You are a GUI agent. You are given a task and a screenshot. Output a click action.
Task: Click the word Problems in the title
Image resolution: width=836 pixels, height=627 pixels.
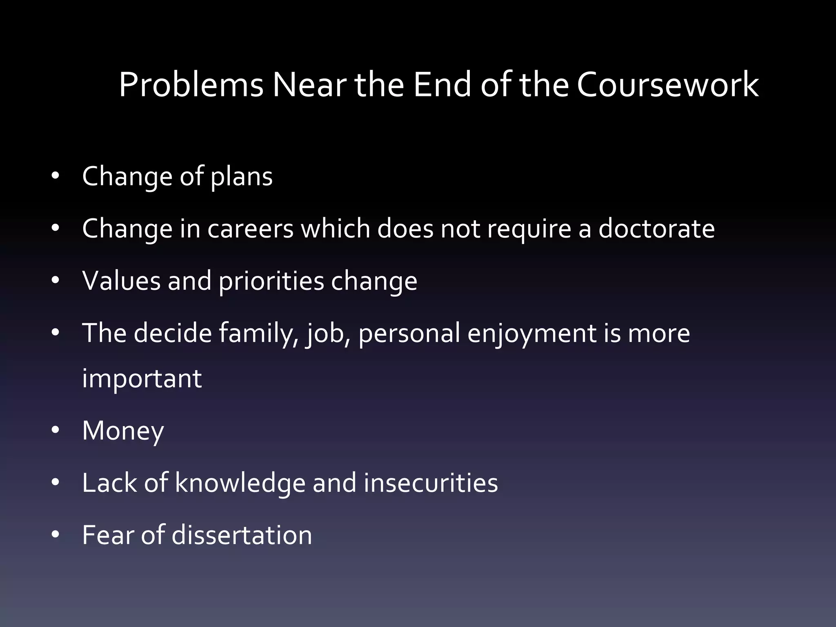[191, 85]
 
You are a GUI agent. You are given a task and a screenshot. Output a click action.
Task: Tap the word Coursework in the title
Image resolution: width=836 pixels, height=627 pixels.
[668, 85]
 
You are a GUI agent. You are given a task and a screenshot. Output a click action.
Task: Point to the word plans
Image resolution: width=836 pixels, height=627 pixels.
[241, 178]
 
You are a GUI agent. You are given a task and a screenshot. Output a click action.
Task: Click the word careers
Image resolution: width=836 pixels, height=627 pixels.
[250, 229]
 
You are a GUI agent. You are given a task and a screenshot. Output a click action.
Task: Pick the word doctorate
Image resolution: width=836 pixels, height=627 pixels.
[656, 229]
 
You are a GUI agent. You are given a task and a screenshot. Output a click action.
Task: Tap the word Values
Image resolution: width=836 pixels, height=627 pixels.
[121, 281]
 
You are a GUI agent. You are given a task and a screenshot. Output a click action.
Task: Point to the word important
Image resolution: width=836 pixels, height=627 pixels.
[142, 379]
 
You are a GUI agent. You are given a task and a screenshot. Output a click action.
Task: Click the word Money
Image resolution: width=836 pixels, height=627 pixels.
[123, 431]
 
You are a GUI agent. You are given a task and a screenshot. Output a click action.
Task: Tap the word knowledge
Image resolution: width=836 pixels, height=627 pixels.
[240, 483]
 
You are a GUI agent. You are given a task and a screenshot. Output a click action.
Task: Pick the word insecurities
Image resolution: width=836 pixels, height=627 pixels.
[431, 483]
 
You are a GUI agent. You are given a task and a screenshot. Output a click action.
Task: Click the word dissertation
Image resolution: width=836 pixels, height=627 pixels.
[242, 535]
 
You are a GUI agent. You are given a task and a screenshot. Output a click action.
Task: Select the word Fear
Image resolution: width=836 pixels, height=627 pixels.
[108, 535]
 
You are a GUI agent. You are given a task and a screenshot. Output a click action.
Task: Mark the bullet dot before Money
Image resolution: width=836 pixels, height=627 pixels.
[56, 430]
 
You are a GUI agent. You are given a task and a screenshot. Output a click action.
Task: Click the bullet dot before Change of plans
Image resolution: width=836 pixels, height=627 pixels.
[56, 176]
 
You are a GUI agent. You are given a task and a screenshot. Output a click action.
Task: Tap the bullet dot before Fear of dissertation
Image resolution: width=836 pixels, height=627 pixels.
[56, 534]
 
